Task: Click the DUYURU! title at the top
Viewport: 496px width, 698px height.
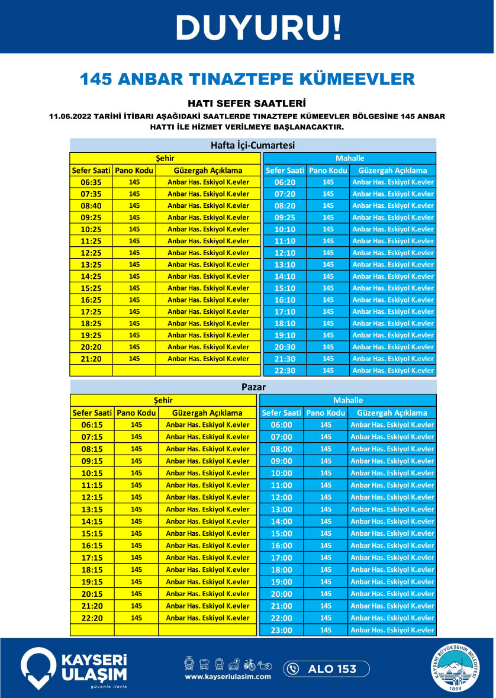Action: pos(259,27)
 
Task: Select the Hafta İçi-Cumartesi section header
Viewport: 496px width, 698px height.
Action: pos(253,145)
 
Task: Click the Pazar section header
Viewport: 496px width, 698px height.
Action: pos(253,387)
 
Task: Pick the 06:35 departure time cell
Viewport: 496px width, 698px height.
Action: pos(91,182)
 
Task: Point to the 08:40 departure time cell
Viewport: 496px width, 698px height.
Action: pos(91,205)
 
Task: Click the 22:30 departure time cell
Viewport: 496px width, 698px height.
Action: pos(285,371)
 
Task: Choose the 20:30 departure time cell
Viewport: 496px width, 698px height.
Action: pos(285,347)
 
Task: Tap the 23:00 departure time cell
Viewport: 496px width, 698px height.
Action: pos(281,630)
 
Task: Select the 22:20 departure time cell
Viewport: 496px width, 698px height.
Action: pos(92,617)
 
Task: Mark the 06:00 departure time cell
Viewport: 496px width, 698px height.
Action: pos(281,425)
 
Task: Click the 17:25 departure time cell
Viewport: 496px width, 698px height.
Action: pos(91,311)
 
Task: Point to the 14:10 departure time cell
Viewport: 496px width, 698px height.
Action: pos(285,276)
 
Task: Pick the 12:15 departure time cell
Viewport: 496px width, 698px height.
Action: pos(92,497)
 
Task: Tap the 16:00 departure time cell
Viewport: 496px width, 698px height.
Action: pos(281,546)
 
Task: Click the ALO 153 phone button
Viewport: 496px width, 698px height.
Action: pos(326,669)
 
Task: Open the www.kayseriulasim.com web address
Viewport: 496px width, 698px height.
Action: pos(228,677)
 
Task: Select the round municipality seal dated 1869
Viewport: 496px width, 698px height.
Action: pos(456,668)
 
